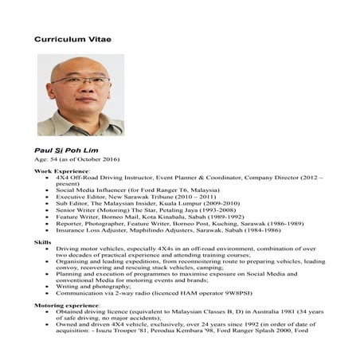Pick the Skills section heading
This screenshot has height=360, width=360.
coord(41,241)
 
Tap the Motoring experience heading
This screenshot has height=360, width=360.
coord(67,305)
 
